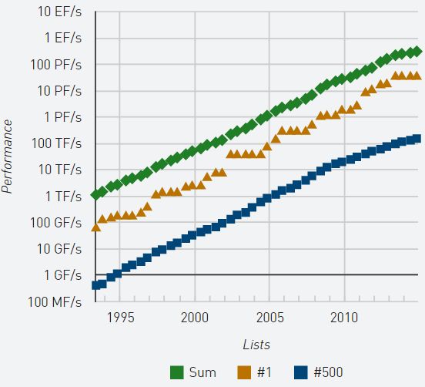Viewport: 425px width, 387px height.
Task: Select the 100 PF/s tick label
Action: tap(57, 64)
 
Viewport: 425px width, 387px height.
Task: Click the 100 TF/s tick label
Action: tap(57, 143)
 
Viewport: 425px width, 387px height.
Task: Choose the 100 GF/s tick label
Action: tap(57, 223)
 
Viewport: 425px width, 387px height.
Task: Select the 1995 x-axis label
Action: tap(120, 317)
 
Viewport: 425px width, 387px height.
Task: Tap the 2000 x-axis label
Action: tap(195, 317)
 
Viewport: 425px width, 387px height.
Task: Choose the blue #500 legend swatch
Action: tap(303, 372)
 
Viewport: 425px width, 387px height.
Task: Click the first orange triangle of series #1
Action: tap(96, 227)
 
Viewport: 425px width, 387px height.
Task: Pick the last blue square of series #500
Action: tap(417, 139)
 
